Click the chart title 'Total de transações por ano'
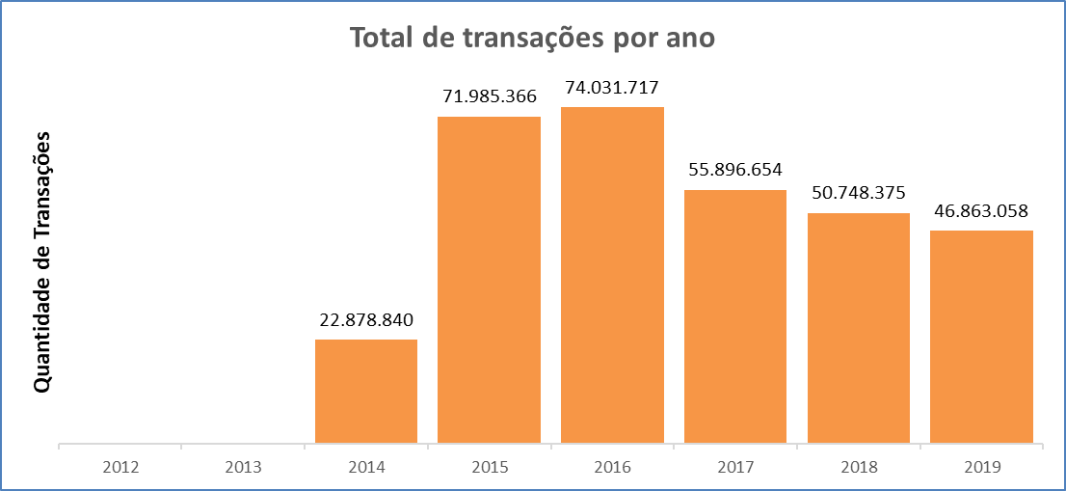pyautogui.click(x=533, y=38)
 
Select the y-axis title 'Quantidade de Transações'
pyautogui.click(x=41, y=260)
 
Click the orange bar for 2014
pyautogui.click(x=366, y=392)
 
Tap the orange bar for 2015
pyautogui.click(x=489, y=280)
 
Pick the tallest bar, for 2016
pyautogui.click(x=612, y=275)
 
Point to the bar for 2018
pyautogui.click(x=858, y=328)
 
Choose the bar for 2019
pyautogui.click(x=981, y=337)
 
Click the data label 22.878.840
pyautogui.click(x=366, y=319)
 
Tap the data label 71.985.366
pyautogui.click(x=489, y=96)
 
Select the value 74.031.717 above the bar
pyautogui.click(x=612, y=87)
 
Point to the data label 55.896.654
pyautogui.click(x=735, y=170)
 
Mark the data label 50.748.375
pyautogui.click(x=858, y=193)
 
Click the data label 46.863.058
pyautogui.click(x=981, y=210)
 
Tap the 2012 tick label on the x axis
pyautogui.click(x=120, y=467)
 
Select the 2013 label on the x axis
pyautogui.click(x=243, y=467)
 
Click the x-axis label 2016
pyautogui.click(x=612, y=467)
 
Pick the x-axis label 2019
pyautogui.click(x=981, y=467)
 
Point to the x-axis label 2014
pyautogui.click(x=366, y=467)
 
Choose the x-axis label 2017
pyautogui.click(x=735, y=467)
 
